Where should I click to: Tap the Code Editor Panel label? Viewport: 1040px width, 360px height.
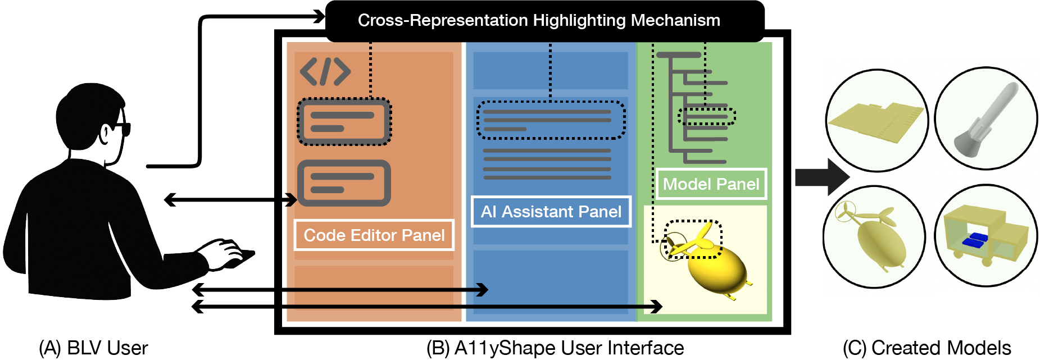coord(374,235)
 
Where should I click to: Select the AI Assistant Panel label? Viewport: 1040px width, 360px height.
coord(551,212)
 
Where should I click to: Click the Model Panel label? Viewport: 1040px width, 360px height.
coord(711,184)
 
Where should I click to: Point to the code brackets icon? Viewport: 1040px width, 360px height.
coord(325,71)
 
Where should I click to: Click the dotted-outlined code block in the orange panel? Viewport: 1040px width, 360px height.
coord(344,122)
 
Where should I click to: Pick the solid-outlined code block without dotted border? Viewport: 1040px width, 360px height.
coord(344,183)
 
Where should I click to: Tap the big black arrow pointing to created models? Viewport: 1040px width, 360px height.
coord(822,177)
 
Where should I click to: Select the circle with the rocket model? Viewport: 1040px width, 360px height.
coord(986,119)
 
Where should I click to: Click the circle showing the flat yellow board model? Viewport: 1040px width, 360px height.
coord(877,120)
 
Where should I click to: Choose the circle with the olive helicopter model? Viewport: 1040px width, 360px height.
coord(874,236)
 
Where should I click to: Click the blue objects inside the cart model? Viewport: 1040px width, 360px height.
coord(975,240)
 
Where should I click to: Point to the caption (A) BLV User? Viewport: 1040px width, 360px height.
coord(93,348)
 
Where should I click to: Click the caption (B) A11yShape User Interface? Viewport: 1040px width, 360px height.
coord(555,348)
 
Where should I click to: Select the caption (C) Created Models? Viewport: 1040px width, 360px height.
coord(927,348)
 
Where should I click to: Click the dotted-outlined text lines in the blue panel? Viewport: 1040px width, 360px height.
coord(551,120)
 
